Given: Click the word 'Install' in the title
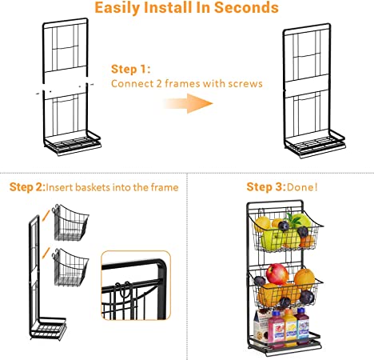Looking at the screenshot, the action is [169, 8].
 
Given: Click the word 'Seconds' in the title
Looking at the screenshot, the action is [246, 8].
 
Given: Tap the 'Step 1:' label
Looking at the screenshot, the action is [130, 69].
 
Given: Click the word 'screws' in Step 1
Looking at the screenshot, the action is [245, 84].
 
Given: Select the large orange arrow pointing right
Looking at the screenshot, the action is [188, 103].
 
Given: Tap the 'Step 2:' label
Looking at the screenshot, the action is [27, 187].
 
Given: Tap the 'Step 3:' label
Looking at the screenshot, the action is [266, 187].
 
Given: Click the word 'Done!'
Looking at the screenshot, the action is [302, 187].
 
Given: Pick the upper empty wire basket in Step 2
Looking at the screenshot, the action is [71, 223].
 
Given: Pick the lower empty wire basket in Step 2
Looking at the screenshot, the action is [70, 267].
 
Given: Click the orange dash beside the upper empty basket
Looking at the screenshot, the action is [46, 215].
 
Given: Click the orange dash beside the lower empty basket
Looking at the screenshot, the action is [46, 253].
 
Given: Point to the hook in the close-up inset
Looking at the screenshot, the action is [124, 290].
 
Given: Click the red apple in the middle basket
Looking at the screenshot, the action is [277, 274].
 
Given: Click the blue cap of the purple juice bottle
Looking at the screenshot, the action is [301, 310].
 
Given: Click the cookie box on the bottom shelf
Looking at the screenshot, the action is [261, 326].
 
